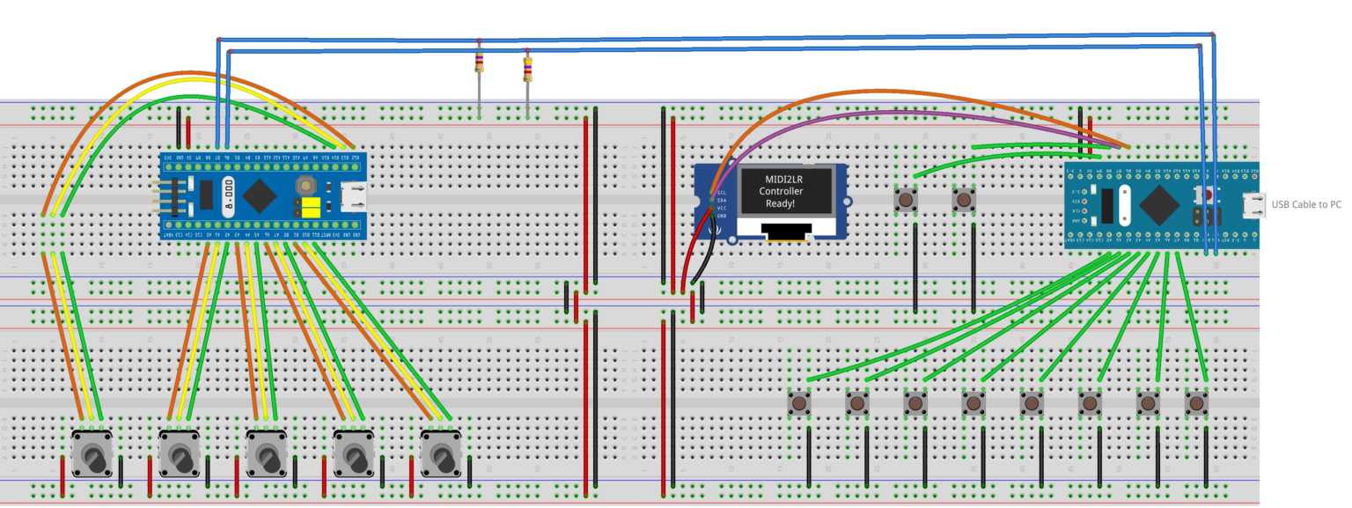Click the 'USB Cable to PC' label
click(x=1306, y=204)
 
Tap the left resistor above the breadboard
click(x=479, y=63)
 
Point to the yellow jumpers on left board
click(x=310, y=207)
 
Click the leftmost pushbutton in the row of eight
click(x=799, y=404)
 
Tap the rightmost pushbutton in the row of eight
click(x=1195, y=404)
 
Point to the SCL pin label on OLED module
click(x=722, y=193)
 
